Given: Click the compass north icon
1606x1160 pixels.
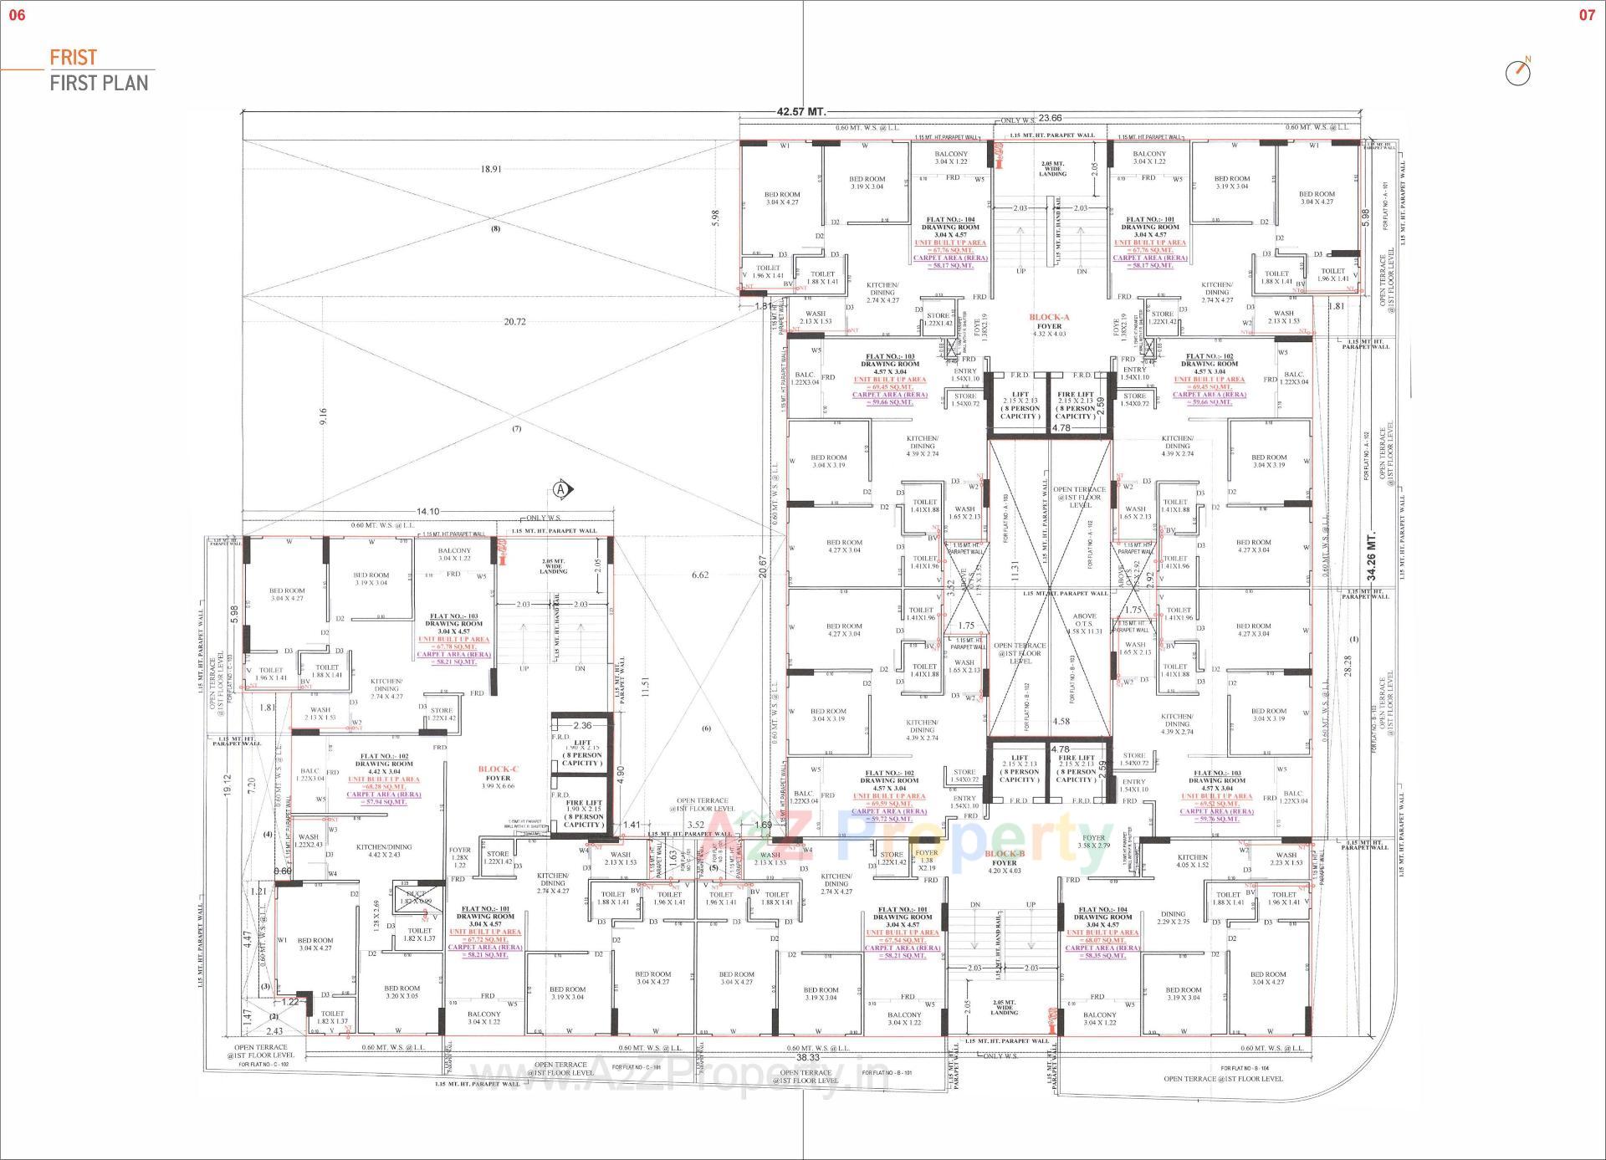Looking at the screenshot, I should [1517, 73].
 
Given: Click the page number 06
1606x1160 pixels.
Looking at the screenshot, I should [17, 15].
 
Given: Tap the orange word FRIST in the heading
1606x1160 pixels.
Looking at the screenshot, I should [74, 58].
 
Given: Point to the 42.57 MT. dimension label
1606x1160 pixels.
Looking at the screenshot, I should [800, 111].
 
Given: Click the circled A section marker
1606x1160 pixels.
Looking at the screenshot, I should [561, 489].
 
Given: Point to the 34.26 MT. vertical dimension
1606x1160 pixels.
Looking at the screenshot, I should [1372, 556].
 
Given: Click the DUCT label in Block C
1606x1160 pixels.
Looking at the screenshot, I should [416, 894].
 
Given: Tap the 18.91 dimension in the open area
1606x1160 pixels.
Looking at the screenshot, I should [491, 169].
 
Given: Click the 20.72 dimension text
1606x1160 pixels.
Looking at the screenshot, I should [514, 322].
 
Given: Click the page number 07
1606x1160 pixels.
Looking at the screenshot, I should [1587, 15].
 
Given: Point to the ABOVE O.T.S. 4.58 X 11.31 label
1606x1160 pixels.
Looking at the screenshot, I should [1085, 624].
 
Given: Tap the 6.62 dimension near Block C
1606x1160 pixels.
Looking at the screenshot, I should [699, 575].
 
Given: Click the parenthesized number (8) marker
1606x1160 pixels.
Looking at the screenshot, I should [495, 229].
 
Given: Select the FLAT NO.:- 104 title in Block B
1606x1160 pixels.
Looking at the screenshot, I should [1102, 910].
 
